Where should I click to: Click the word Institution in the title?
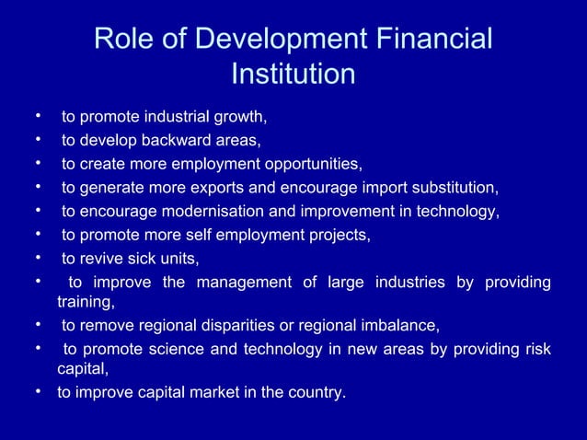[293, 73]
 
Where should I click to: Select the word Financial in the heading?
[429, 39]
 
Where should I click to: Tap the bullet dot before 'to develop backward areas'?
[40, 140]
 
